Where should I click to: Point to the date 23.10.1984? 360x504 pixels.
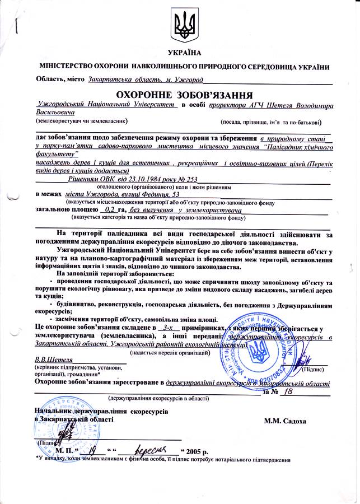coord(131,179)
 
